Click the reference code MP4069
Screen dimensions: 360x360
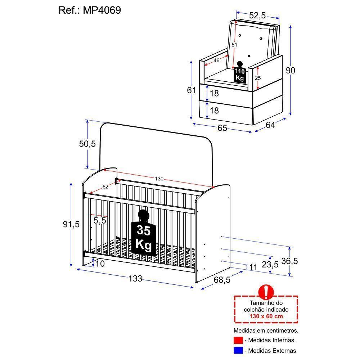102,10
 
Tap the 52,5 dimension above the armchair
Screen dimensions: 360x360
257,15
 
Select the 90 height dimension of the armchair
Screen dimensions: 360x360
290,71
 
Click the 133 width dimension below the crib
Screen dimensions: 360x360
135,278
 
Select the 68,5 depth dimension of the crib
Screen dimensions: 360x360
222,279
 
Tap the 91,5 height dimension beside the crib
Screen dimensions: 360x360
71,224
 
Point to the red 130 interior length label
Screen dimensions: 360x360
159,179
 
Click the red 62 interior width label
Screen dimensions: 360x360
105,186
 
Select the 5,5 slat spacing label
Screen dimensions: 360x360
100,220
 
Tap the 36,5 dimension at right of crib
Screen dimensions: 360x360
290,261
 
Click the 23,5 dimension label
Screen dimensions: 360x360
270,265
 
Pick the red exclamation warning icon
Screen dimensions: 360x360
266,292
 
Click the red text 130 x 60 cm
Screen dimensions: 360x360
266,316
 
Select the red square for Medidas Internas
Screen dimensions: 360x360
238,340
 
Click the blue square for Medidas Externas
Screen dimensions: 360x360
238,350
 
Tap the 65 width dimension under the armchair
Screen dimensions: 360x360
222,128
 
